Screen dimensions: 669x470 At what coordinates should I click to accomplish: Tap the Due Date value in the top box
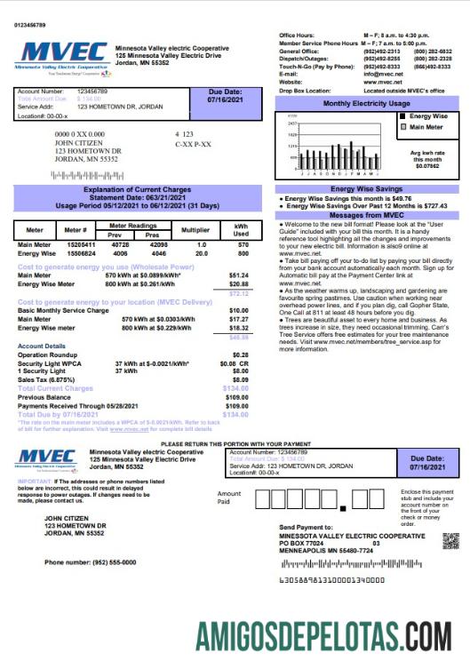point(226,100)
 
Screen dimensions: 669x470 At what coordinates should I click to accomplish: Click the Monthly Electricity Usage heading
point(366,104)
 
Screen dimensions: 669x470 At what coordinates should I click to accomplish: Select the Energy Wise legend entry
point(429,116)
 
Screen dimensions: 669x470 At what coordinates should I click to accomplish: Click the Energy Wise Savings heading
point(366,188)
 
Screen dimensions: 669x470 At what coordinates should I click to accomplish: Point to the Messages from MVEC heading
point(366,215)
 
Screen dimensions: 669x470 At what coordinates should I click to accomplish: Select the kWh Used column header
point(241,228)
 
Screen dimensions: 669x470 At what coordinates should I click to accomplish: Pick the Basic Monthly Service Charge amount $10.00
point(238,310)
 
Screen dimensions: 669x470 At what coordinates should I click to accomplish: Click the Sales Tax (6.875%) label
point(44,380)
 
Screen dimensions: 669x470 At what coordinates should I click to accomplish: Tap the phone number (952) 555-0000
point(105,561)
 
